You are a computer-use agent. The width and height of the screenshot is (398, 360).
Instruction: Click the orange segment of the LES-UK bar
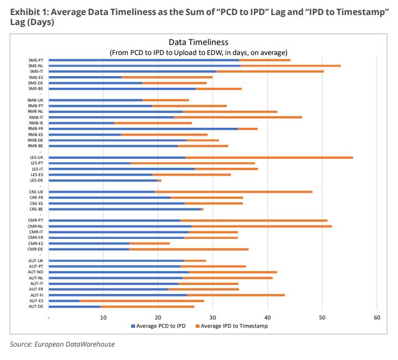pos(269,157)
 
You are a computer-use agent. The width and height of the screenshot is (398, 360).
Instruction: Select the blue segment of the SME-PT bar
pos(144,60)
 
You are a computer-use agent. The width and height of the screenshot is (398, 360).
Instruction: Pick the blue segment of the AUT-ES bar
pos(64,301)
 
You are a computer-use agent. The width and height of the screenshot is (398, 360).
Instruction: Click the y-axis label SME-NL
pos(37,66)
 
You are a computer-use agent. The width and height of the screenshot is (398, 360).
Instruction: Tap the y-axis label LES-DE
pos(37,180)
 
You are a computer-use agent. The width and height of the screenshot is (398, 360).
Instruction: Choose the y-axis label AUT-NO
pos(37,272)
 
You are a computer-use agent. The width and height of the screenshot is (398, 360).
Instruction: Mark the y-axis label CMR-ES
pos(37,243)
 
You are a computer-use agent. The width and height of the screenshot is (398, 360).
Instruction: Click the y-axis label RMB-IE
pos(37,123)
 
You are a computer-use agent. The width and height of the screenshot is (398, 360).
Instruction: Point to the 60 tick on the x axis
pos(376,317)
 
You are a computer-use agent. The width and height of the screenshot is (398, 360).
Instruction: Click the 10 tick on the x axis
pos(103,317)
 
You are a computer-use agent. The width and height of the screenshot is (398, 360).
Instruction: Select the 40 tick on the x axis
pos(267,317)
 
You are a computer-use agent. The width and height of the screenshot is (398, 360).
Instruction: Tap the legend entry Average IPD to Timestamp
pos(233,326)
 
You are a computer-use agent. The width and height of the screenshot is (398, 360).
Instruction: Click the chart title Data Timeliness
pos(198,43)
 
